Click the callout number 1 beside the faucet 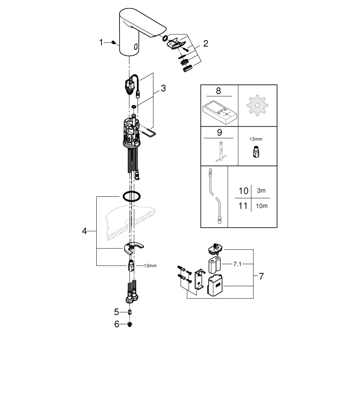101,42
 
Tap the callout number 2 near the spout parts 205,44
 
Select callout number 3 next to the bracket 163,88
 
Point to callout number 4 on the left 84,231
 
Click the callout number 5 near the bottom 117,312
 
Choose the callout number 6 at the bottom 117,324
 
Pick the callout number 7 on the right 261,276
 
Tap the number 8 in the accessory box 218,91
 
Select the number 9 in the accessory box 219,133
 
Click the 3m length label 261,191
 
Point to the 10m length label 261,206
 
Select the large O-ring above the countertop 132,196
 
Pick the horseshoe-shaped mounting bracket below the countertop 133,249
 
